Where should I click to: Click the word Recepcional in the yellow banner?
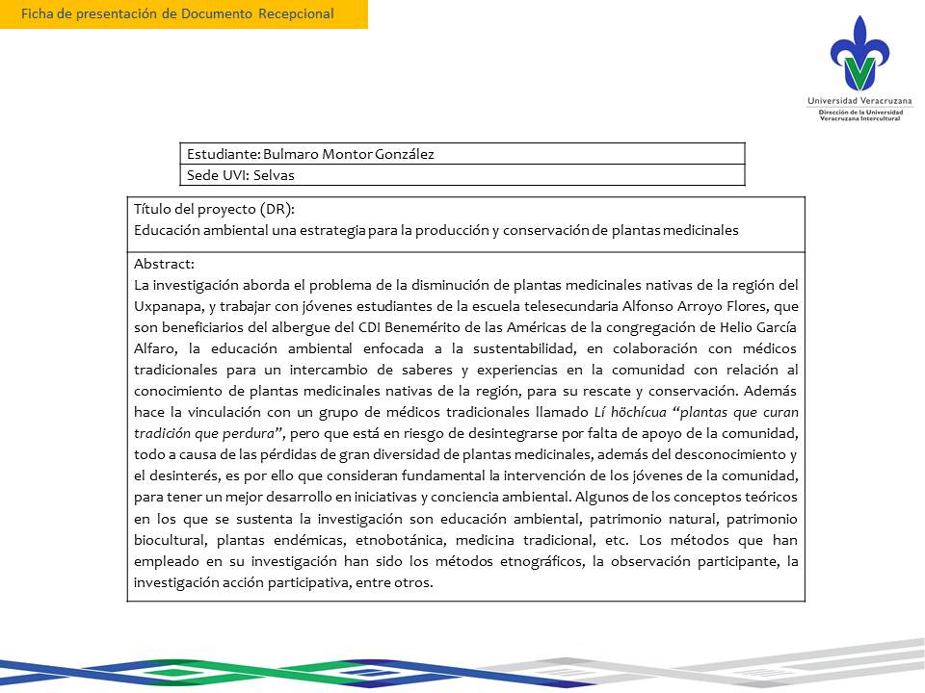296,13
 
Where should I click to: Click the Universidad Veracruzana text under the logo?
860,100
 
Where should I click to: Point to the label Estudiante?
222,154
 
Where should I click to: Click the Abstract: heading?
164,264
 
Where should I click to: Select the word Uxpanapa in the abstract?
166,306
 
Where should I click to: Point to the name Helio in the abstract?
695,327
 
